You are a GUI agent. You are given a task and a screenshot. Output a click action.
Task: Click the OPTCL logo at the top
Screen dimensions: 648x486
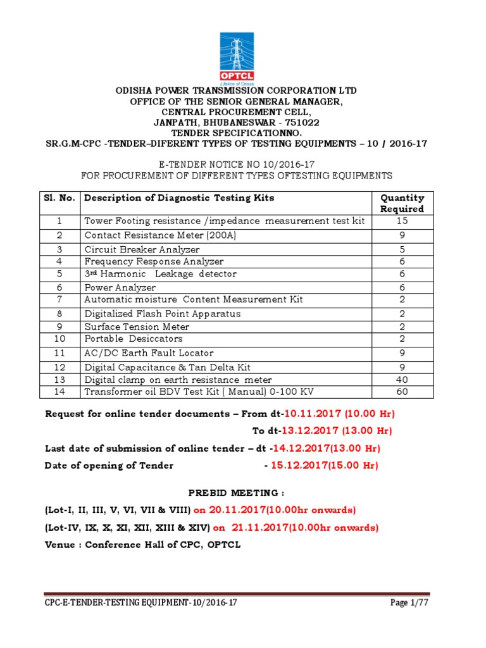point(242,57)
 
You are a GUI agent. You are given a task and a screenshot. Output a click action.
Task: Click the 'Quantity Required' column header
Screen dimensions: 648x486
point(402,203)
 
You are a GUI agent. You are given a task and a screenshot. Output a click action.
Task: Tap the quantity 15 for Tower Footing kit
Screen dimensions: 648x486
point(402,221)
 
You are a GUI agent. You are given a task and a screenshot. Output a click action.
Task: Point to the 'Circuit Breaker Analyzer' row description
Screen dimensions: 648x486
point(142,249)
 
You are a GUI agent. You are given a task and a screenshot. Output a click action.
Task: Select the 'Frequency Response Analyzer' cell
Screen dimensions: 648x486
point(154,261)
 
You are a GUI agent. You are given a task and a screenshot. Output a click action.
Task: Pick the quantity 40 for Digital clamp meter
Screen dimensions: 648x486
point(402,380)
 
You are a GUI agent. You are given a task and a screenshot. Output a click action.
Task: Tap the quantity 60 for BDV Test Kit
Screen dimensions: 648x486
point(402,392)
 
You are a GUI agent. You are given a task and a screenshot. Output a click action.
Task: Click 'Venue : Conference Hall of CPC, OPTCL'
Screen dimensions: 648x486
point(142,544)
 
